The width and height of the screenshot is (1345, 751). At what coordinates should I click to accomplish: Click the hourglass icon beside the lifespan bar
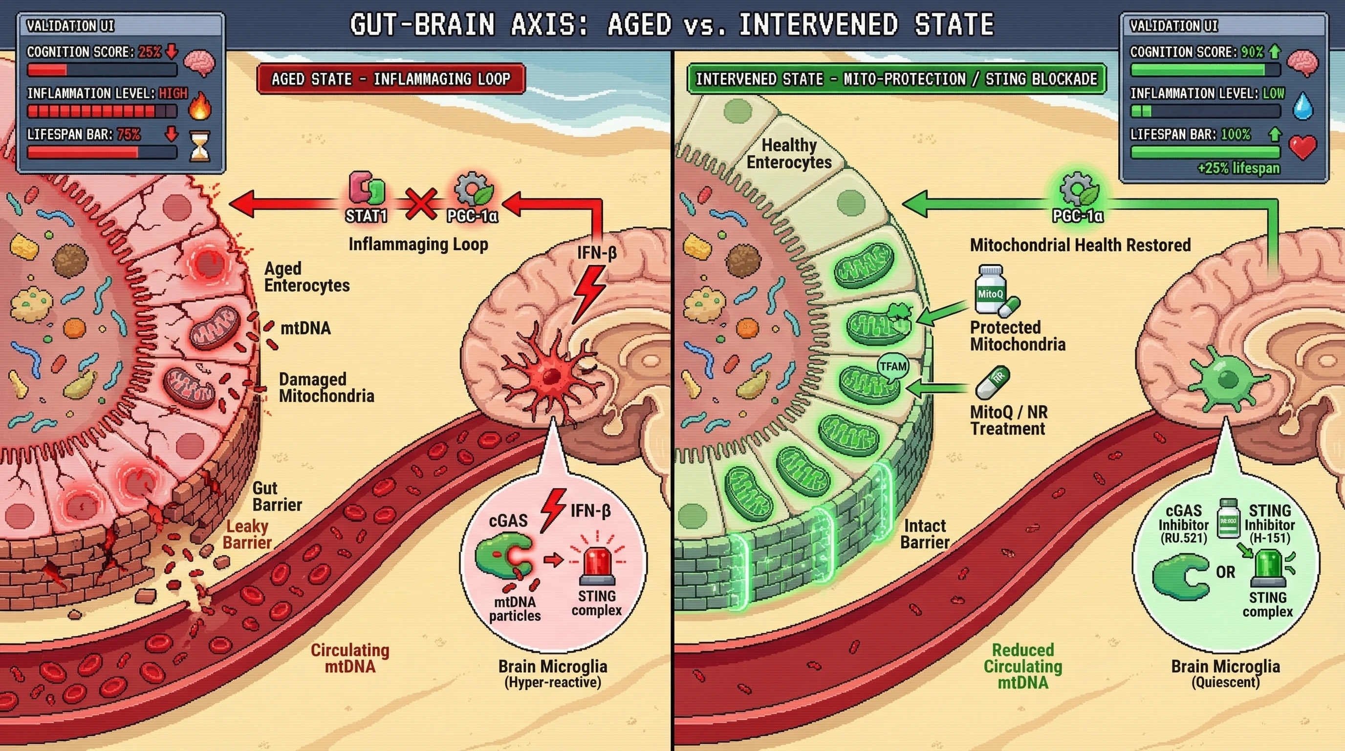[x=199, y=146]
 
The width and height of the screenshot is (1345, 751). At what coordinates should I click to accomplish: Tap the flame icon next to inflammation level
[x=199, y=106]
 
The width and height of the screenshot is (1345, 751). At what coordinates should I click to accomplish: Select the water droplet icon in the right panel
[x=1302, y=106]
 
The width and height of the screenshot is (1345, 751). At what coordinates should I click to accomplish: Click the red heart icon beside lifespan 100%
[x=1302, y=147]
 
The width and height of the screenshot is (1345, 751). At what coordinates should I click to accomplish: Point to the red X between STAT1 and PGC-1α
[x=421, y=203]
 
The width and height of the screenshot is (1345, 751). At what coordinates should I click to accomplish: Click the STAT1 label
[x=366, y=216]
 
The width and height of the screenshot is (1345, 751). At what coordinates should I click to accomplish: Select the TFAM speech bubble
[x=893, y=367]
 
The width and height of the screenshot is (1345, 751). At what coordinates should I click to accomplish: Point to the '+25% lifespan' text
[x=1238, y=168]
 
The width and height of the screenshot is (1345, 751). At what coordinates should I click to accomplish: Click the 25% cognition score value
[x=150, y=52]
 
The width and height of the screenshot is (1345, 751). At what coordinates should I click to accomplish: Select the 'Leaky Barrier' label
[x=247, y=534]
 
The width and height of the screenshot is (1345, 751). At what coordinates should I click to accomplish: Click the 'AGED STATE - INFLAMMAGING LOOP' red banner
[x=390, y=79]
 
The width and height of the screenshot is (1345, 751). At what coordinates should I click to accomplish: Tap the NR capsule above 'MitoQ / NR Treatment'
[x=993, y=382]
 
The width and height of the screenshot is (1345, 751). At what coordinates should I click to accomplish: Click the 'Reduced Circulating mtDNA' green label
[x=1022, y=666]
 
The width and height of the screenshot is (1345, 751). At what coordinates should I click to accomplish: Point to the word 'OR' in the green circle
[x=1225, y=572]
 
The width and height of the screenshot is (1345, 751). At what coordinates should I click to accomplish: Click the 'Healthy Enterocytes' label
[x=789, y=154]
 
